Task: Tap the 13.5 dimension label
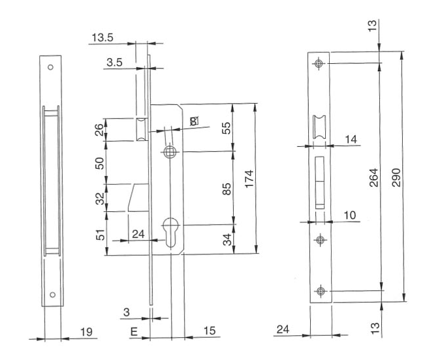click(103, 38)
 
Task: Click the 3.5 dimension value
click(114, 63)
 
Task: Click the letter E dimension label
click(134, 332)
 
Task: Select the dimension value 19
click(85, 333)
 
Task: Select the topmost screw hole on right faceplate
click(319, 63)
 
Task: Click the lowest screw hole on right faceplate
click(319, 290)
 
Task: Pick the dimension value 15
click(209, 332)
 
